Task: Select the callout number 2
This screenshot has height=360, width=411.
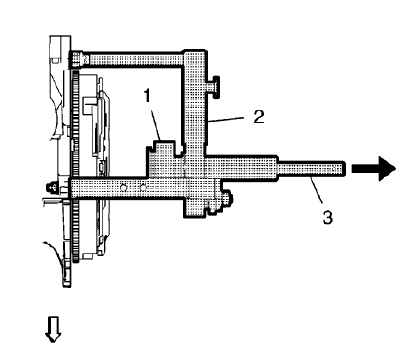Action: click(x=257, y=116)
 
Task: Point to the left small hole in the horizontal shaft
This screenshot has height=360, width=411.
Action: click(x=123, y=186)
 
